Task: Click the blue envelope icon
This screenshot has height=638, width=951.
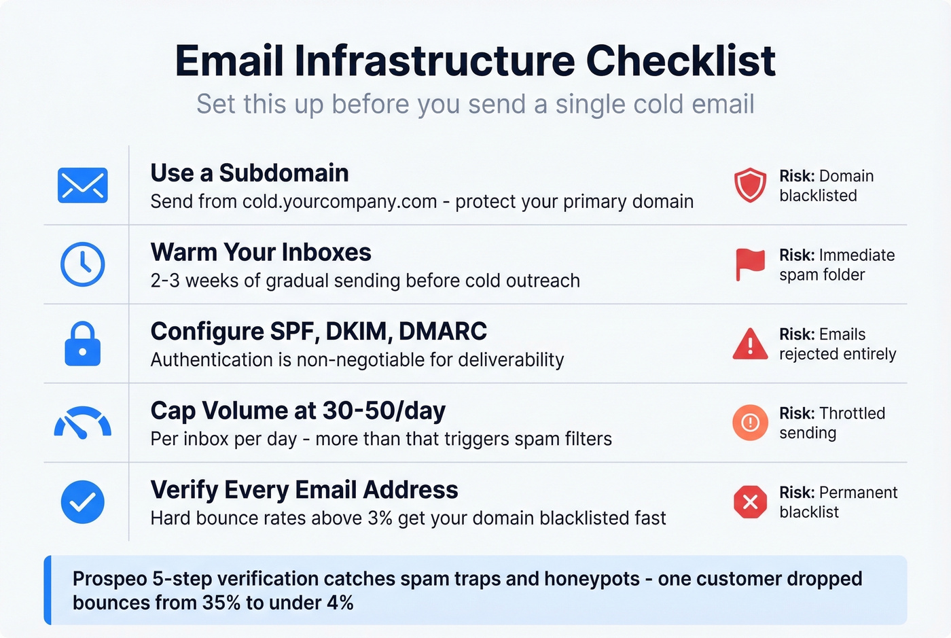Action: [83, 185]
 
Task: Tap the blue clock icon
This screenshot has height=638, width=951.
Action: [83, 264]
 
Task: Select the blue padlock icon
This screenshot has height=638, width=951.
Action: [83, 344]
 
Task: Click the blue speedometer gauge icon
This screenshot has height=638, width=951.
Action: [83, 423]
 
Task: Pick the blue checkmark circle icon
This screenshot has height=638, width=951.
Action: [83, 502]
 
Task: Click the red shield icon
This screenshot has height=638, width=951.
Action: [750, 185]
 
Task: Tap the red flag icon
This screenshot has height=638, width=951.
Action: [750, 264]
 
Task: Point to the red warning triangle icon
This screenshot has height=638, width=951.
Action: [750, 344]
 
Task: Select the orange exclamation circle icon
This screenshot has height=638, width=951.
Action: [750, 423]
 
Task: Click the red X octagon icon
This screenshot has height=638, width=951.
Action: [750, 502]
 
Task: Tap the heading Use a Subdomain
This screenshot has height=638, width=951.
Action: [249, 173]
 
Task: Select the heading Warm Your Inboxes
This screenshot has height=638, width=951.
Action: [261, 253]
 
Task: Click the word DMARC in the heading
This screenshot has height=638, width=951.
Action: [443, 332]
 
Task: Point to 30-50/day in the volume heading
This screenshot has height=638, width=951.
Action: [384, 411]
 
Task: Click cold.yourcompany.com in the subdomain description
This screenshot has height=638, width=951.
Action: [340, 202]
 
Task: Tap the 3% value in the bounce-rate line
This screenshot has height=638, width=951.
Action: [380, 518]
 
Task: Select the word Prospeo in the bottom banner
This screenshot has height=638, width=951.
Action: [110, 579]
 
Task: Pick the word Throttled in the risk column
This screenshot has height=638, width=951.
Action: [852, 413]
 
